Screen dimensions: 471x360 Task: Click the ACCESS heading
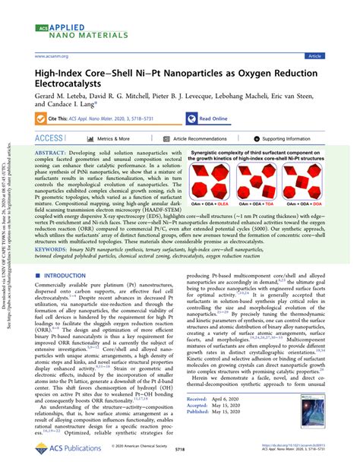point(49,139)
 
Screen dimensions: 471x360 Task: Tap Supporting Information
point(286,140)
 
